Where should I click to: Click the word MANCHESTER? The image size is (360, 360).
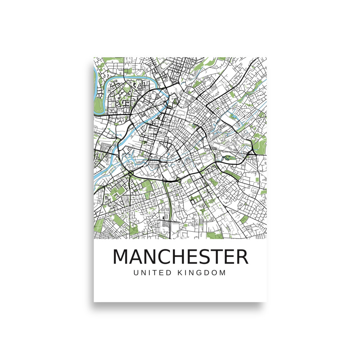coord(180,257)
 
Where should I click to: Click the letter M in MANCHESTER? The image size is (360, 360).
coord(121,257)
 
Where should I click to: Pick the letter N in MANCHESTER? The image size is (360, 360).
coord(152,257)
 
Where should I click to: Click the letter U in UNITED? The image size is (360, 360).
coord(136,273)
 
